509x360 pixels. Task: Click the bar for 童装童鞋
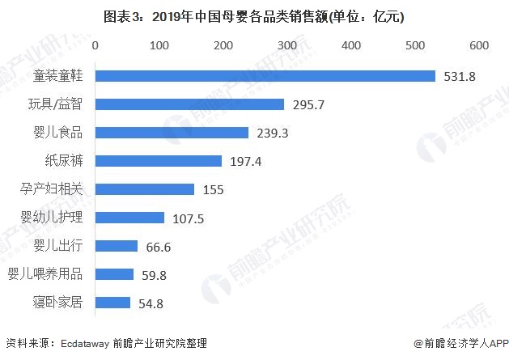265,76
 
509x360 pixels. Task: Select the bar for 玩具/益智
190,104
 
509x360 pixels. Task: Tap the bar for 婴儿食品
172,133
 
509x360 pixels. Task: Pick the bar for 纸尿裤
159,161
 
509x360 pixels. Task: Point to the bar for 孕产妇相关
145,189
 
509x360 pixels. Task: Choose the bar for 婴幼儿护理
129,218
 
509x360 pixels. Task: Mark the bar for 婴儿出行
117,246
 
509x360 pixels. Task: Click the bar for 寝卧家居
113,303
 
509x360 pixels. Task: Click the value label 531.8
460,77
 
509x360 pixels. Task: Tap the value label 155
213,190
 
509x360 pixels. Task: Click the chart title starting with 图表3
254,15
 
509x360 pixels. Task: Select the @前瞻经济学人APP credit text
460,344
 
